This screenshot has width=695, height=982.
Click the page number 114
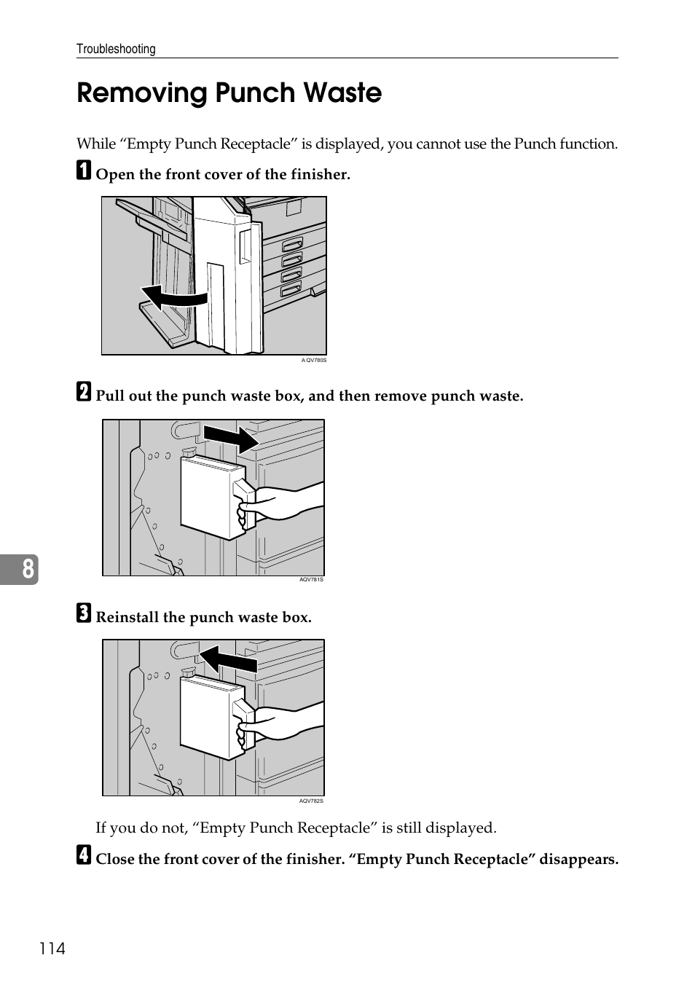pos(52,948)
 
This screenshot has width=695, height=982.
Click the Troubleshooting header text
pos(116,49)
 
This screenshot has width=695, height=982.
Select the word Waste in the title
pos(342,93)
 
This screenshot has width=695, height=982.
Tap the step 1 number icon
pos(85,171)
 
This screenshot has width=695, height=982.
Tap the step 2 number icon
pos(85,392)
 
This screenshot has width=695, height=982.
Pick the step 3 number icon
pos(85,613)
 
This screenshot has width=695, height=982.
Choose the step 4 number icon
pos(85,855)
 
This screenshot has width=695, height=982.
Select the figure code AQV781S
pos(311,580)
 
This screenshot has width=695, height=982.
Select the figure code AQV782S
pos(311,801)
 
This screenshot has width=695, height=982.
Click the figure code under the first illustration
pos(314,360)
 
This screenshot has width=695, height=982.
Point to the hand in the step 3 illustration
pos(280,723)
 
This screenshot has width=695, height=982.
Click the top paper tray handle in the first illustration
pos(291,243)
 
